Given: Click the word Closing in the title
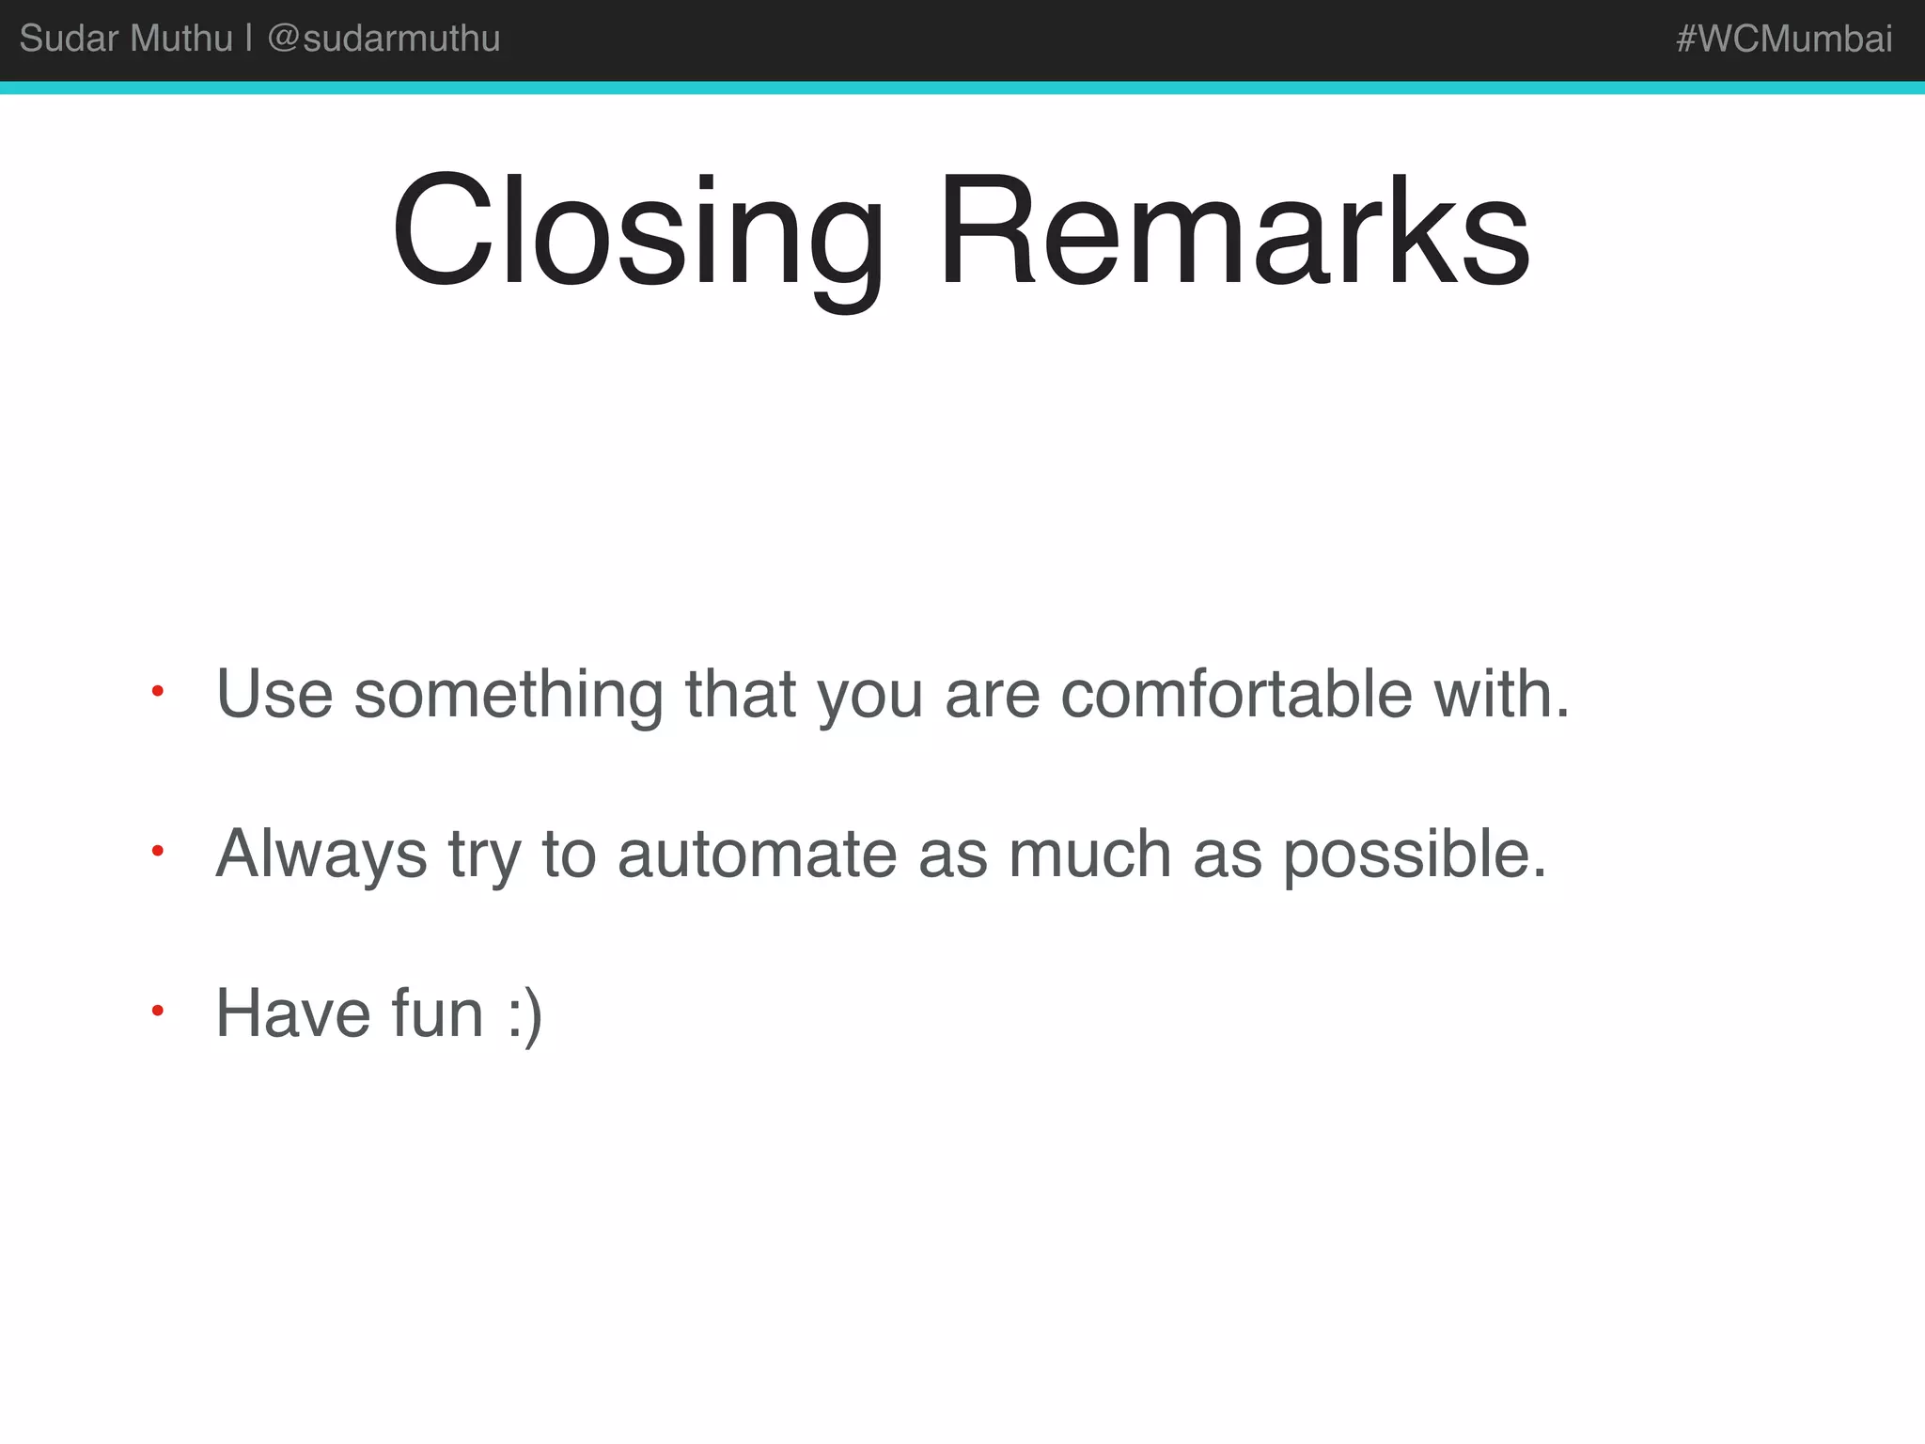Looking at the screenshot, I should pos(637,233).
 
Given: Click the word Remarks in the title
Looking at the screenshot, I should pos(1233,231).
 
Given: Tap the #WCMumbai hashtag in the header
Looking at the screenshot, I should pos(1783,39).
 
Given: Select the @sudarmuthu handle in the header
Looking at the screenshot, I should pos(383,39).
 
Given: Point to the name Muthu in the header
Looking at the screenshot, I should pos(182,39).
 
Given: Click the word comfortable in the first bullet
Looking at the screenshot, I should pos(1236,694).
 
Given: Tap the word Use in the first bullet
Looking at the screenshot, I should pos(274,694).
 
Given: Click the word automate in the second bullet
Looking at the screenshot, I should pos(757,854).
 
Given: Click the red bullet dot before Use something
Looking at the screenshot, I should pos(158,692).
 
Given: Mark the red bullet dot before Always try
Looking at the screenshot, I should pos(158,852).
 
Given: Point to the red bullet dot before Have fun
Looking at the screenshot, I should pos(158,1012).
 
